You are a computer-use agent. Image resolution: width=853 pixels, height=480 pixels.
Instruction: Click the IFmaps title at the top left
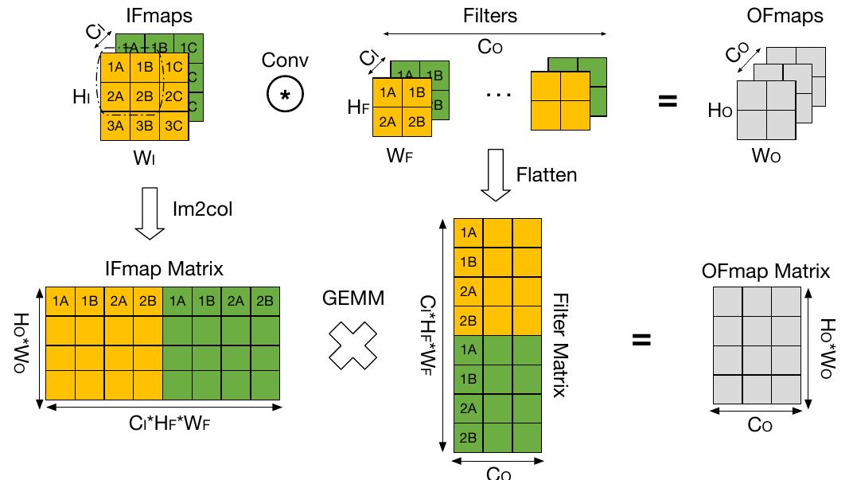click(x=160, y=15)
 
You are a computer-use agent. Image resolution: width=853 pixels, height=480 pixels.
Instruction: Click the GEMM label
click(x=353, y=299)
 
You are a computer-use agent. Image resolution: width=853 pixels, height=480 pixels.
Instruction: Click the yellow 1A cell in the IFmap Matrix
click(x=60, y=301)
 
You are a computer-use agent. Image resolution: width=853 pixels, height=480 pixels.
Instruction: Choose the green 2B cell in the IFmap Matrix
click(x=265, y=301)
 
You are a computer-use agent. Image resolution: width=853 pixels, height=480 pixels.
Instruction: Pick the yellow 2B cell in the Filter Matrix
click(x=468, y=321)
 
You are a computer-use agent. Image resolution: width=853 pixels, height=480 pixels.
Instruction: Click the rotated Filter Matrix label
click(x=559, y=344)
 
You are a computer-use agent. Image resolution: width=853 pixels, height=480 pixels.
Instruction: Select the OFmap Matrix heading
click(x=765, y=271)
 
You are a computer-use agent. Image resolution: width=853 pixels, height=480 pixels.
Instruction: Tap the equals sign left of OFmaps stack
click(x=667, y=101)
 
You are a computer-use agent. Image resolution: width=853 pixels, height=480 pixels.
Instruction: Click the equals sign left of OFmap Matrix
click(x=641, y=340)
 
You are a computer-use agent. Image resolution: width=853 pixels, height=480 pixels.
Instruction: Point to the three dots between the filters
click(x=498, y=93)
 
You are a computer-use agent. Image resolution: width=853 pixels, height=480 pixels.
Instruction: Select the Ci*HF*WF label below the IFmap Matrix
click(x=164, y=423)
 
